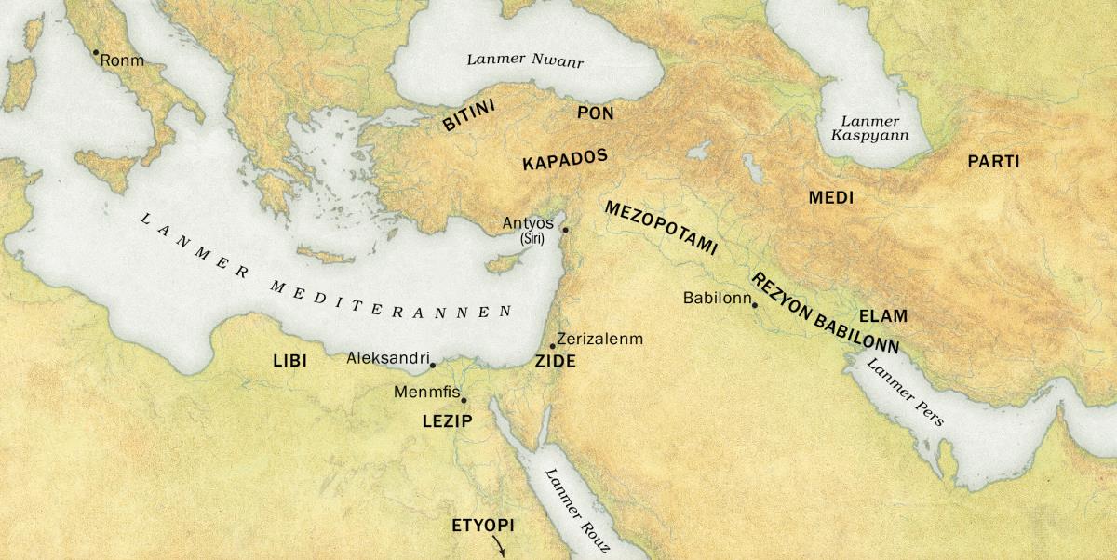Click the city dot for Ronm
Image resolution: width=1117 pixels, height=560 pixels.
point(95,52)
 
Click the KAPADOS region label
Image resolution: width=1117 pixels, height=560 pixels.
point(565,159)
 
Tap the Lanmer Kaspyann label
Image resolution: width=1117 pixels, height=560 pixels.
point(869,128)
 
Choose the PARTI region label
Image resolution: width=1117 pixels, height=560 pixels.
point(993,162)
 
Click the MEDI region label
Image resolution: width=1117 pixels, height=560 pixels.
point(830,198)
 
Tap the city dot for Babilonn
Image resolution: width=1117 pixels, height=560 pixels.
point(755,305)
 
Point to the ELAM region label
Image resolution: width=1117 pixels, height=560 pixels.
point(882,315)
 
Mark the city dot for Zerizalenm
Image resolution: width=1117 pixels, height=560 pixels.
point(552,346)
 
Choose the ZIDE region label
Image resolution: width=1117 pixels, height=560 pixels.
point(555,363)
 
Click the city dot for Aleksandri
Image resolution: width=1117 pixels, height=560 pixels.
point(433,365)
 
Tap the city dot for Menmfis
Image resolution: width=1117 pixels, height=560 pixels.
point(464,401)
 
